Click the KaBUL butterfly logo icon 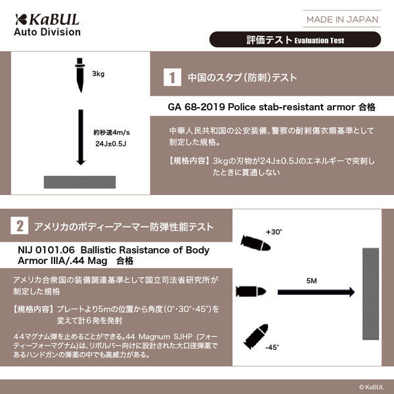[23, 18]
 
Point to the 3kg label [98, 74]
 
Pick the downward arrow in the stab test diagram [80, 138]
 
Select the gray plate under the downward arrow [80, 181]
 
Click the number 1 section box [172, 77]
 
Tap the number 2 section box [21, 227]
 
